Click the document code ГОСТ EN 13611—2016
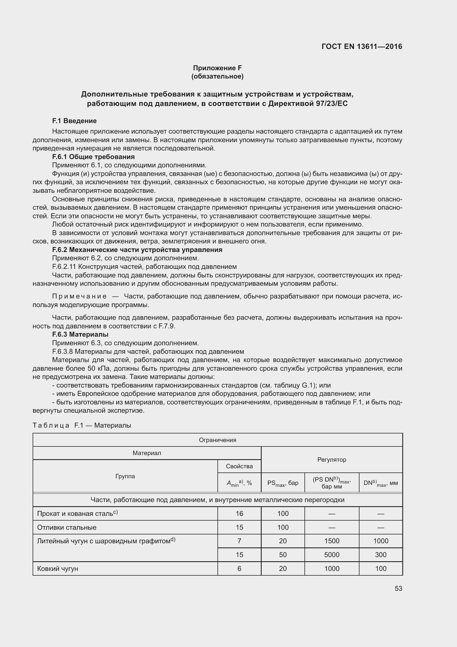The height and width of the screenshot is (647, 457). tap(362, 46)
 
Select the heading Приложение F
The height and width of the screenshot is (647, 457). tap(217, 68)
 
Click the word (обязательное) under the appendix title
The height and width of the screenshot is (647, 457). tap(217, 76)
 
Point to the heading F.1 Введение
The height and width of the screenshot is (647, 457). tap(74, 121)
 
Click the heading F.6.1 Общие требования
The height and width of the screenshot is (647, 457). tap(93, 157)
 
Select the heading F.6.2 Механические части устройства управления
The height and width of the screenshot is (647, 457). tap(137, 250)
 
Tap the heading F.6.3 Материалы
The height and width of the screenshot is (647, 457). tap(80, 334)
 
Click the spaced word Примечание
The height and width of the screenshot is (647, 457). tap(79, 296)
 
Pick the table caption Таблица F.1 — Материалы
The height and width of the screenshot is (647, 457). tap(82, 425)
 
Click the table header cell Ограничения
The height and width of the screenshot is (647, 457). tap(217, 440)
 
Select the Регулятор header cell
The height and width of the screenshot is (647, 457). tap(332, 460)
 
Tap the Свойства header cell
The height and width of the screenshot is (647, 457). tap(239, 466)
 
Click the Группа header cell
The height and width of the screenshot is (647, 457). tap(125, 476)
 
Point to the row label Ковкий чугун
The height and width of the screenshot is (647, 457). tap(58, 569)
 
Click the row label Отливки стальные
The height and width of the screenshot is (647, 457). tap(67, 528)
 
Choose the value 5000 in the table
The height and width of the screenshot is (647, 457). tap(332, 555)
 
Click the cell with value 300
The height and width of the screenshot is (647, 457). tap(380, 555)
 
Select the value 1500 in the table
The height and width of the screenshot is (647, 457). tap(332, 541)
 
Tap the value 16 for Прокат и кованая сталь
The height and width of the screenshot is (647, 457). tap(239, 514)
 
